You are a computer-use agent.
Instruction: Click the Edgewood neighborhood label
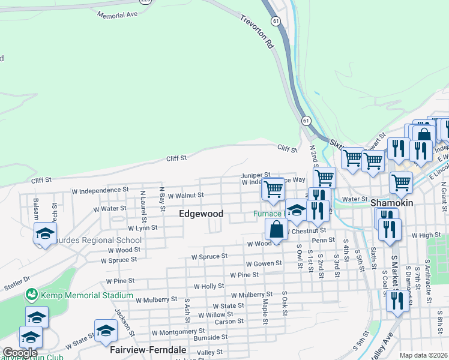(x=201, y=214)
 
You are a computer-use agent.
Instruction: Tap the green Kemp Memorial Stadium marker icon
(x=31, y=295)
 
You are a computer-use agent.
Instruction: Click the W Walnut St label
(x=185, y=195)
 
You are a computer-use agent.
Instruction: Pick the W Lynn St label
(x=142, y=228)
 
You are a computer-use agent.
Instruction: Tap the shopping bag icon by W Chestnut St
(x=276, y=230)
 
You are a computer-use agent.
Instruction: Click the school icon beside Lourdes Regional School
(x=45, y=235)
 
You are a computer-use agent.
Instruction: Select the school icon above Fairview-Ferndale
(x=106, y=331)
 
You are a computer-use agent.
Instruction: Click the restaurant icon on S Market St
(x=397, y=301)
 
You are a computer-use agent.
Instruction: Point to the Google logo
(x=20, y=353)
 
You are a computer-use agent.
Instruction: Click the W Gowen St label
(x=264, y=263)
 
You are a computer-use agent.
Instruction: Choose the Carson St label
(x=229, y=321)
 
